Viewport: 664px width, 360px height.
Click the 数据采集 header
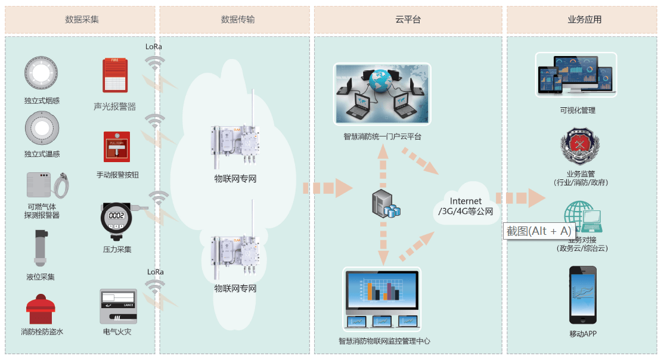coord(82,20)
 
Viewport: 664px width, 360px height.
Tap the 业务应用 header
coord(584,20)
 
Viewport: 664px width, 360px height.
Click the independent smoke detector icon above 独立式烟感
coord(41,72)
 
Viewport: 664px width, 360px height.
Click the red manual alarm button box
coord(117,147)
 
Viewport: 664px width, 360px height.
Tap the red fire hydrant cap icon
coord(41,309)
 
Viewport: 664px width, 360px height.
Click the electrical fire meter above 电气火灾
coord(118,306)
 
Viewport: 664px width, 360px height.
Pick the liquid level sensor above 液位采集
coord(40,247)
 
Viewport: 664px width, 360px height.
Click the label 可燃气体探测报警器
coord(42,211)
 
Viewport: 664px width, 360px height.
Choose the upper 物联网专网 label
coord(235,178)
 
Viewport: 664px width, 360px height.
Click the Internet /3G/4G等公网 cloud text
coord(466,206)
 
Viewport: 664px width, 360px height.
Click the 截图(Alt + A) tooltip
coord(539,231)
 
